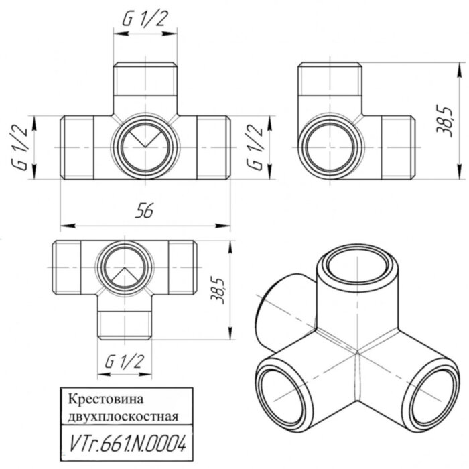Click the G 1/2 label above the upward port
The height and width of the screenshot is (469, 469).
coord(145,20)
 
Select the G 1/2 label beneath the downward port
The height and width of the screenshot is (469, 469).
coord(125,361)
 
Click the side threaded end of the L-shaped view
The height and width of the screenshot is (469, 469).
coord(395,146)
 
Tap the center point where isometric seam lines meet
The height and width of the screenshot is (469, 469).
coord(356,351)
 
